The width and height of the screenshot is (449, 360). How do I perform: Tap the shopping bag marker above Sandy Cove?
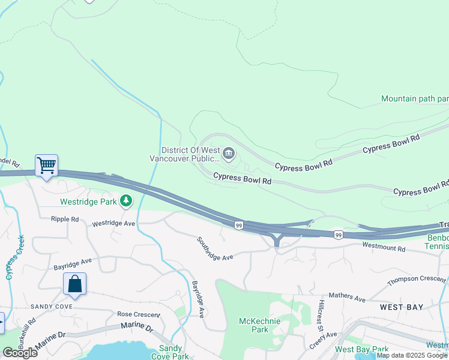tap(74, 284)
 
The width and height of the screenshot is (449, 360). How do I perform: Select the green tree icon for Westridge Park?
tap(126, 201)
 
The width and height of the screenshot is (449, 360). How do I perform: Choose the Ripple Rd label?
tap(65, 220)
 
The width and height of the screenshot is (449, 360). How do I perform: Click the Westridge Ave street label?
tap(113, 224)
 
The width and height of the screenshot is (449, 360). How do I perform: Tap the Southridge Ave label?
tap(214, 248)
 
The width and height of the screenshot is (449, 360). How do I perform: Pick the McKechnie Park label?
tap(253, 325)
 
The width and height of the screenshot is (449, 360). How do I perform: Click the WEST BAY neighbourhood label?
tap(402, 307)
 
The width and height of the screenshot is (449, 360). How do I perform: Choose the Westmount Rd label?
tap(384, 247)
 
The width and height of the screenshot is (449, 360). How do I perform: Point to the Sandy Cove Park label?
tap(170, 352)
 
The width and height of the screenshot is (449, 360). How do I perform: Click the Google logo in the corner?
tap(20, 353)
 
